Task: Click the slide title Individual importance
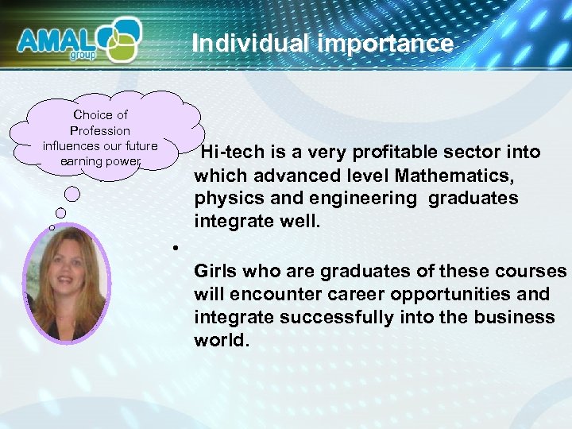coord(322,43)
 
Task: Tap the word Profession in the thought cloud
coord(100,130)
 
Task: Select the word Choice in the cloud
coord(90,114)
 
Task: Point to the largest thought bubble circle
coord(72,193)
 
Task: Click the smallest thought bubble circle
coord(52,228)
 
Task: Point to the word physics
coord(225,198)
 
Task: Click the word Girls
coord(216,271)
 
